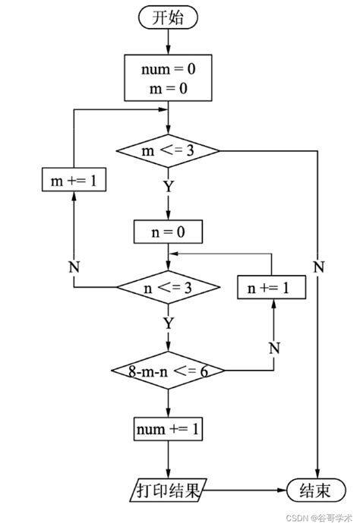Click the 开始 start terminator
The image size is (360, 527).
169,19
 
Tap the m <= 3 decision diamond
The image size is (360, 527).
168,150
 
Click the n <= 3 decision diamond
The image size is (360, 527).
168,287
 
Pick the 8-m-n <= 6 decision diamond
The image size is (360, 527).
168,371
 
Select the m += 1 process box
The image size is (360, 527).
73,180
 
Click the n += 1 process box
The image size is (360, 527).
272,287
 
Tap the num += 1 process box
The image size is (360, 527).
168,429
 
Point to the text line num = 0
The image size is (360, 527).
168,70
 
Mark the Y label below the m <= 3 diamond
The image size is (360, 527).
168,185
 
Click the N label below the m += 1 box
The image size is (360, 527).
73,267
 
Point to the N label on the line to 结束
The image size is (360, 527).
318,267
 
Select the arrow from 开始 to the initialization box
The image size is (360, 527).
169,42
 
